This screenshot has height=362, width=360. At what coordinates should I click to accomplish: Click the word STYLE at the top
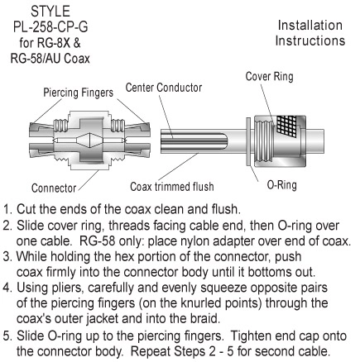(x=50, y=12)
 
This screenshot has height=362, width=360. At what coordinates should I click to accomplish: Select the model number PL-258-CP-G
(x=50, y=27)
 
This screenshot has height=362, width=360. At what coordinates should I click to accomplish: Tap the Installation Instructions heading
(x=310, y=33)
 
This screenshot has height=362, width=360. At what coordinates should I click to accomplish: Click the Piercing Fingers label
(x=79, y=93)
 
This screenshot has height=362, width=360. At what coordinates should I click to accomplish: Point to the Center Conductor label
(x=164, y=88)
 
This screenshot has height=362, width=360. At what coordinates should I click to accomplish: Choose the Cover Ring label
(x=269, y=76)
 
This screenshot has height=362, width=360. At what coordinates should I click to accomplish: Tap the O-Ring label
(x=281, y=185)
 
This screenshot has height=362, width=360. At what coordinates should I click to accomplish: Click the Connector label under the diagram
(x=54, y=188)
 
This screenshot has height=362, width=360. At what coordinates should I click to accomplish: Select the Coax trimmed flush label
(x=172, y=187)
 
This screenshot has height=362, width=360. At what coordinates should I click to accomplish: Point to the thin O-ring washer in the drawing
(x=248, y=141)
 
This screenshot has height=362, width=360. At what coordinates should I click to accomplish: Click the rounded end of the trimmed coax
(x=223, y=141)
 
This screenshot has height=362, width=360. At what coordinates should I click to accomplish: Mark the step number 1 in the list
(x=7, y=209)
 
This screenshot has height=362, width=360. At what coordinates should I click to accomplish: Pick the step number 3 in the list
(x=7, y=257)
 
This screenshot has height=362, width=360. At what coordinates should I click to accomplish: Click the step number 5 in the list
(x=7, y=336)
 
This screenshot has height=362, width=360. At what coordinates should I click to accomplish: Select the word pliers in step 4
(x=67, y=288)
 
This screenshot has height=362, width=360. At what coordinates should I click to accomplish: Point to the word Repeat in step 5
(x=151, y=351)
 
